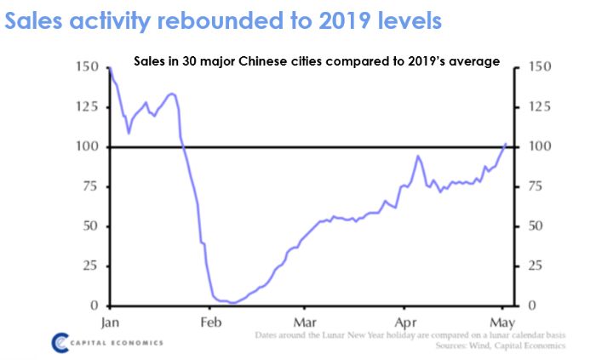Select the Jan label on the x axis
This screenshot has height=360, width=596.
click(x=110, y=323)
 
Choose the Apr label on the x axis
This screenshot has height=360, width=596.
click(x=405, y=323)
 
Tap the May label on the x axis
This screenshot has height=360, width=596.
click(x=502, y=323)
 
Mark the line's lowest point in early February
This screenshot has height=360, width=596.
click(x=232, y=303)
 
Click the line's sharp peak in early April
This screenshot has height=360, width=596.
click(x=418, y=156)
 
